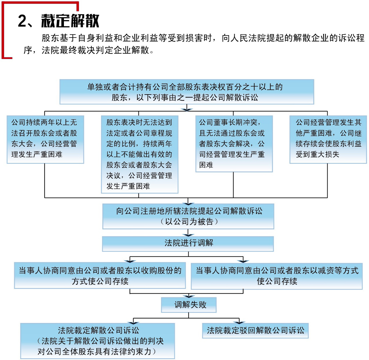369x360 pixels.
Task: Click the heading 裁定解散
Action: tap(70, 21)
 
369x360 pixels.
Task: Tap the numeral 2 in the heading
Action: tap(22, 21)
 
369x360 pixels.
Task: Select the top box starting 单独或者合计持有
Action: tap(186, 92)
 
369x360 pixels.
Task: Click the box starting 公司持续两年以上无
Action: tap(45, 139)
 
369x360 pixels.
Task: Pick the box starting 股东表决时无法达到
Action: tap(139, 154)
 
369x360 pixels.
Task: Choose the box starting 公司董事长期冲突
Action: tap(234, 144)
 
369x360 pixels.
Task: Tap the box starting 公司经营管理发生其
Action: tap(328, 139)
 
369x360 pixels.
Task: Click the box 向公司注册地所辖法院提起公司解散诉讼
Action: tap(188, 216)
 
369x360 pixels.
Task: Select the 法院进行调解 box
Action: tap(188, 243)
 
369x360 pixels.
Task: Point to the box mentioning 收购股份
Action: tap(100, 275)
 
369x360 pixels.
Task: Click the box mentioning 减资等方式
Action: tap(277, 276)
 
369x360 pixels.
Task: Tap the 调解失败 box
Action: tap(189, 305)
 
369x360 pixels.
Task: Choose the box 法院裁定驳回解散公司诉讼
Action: tap(255, 330)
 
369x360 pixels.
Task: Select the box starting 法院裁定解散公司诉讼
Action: tap(97, 341)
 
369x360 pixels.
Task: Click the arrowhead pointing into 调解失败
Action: tap(188, 296)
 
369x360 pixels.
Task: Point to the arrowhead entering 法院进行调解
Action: tap(188, 235)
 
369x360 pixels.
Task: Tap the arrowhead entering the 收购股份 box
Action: tap(130, 261)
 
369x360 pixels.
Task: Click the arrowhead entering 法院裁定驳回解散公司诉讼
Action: tap(239, 322)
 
